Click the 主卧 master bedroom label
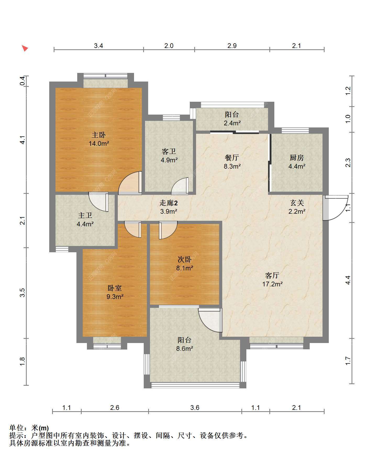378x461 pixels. click(99, 135)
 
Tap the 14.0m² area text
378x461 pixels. click(99, 143)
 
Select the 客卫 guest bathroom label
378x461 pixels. click(169, 152)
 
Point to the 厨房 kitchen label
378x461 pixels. click(297, 158)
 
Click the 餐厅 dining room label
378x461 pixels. click(232, 158)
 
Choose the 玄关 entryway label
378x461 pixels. click(297, 203)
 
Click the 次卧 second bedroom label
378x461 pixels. click(185, 260)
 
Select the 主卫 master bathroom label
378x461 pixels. click(85, 216)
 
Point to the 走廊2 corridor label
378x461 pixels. click(169, 203)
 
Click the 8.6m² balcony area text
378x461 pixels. click(185, 349)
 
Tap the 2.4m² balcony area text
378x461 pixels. click(232, 123)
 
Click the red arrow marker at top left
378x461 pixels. click(25, 48)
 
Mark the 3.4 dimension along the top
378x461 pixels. click(98, 46)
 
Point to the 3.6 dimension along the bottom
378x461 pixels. click(195, 408)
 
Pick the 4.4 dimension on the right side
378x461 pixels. click(348, 280)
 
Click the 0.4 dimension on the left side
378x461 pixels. click(23, 81)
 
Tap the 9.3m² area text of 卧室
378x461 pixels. click(115, 297)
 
